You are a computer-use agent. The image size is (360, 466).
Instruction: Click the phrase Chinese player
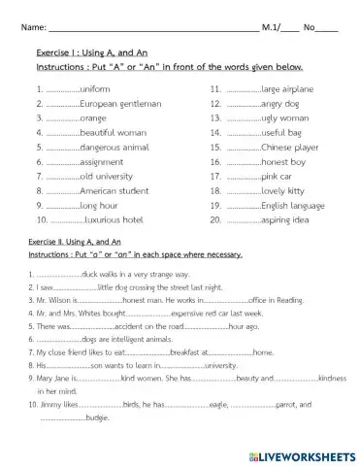(x=293, y=147)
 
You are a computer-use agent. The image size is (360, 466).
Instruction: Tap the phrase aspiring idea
(x=289, y=221)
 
